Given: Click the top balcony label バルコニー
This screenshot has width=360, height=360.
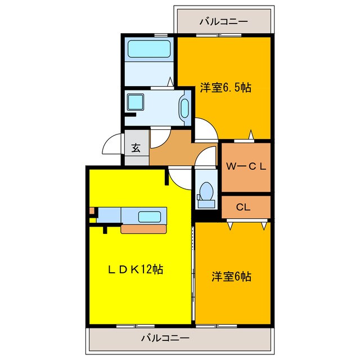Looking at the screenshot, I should coord(223,21).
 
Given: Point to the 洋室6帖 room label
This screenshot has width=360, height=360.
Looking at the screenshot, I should coord(231,277).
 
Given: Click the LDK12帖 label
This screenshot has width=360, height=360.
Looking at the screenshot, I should coord(135,269).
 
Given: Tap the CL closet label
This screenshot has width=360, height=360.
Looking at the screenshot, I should coord(242,207).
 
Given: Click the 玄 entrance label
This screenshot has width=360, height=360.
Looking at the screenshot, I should coord(136,148).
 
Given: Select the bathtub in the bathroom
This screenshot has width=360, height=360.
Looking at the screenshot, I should coord(148,49).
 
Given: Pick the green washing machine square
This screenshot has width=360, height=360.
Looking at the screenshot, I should coord(135,102).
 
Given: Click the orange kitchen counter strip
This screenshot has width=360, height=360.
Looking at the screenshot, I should coord(144,229).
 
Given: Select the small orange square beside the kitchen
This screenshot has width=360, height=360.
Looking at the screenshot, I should coord(92,211).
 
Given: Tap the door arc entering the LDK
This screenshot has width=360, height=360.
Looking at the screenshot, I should coord(180,178).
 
